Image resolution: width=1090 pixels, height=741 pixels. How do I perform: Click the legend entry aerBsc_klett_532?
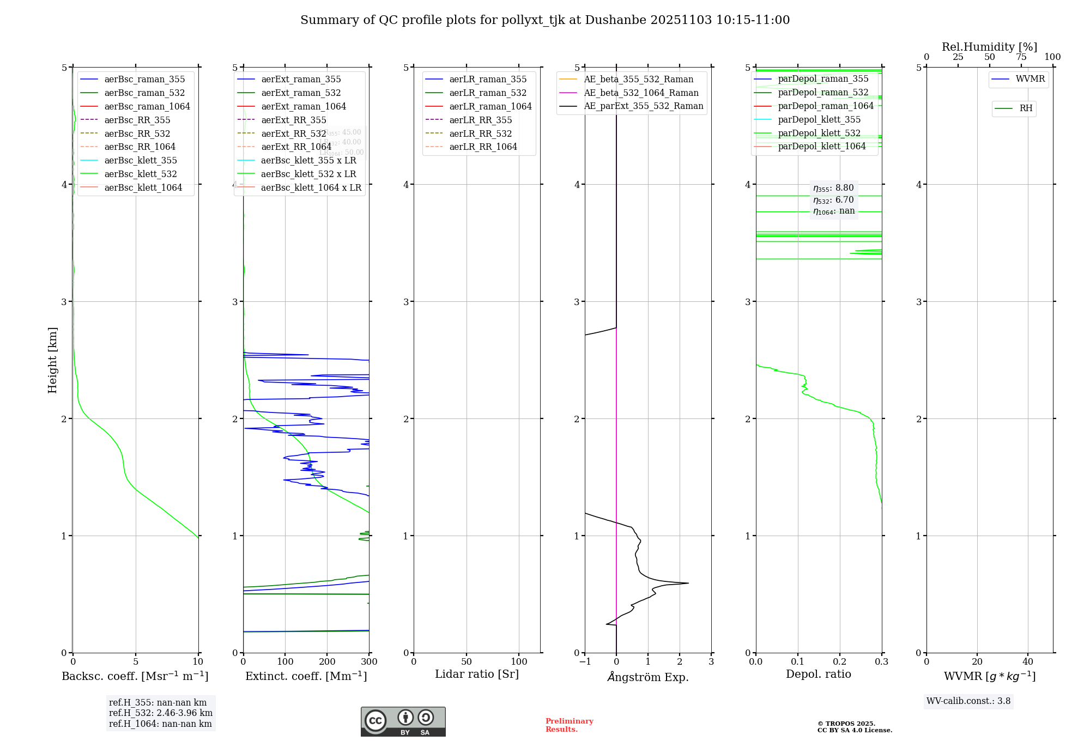click(x=141, y=174)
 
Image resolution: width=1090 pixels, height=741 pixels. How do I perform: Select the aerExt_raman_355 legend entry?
click(x=301, y=80)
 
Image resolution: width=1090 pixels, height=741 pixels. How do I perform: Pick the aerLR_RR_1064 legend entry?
click(x=483, y=147)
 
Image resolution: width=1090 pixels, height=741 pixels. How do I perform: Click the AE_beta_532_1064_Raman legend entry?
click(x=641, y=93)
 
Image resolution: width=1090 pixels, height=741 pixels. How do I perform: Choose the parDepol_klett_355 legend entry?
click(x=819, y=120)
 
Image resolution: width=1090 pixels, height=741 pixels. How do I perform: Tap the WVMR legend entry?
click(x=1030, y=80)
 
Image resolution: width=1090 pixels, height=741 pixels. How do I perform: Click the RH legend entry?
click(x=1026, y=109)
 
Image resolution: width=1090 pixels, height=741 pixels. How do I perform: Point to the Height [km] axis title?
click(x=52, y=360)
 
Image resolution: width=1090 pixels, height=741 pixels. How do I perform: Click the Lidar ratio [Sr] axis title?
click(x=477, y=675)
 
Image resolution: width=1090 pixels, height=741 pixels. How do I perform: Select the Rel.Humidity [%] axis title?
click(x=989, y=47)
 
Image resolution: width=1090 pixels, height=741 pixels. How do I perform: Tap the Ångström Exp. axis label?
click(x=648, y=677)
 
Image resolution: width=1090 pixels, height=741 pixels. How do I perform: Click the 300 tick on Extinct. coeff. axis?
click(x=370, y=662)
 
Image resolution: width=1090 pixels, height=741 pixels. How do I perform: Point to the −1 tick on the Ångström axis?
click(x=585, y=662)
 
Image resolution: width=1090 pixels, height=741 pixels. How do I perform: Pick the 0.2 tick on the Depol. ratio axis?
click(x=840, y=662)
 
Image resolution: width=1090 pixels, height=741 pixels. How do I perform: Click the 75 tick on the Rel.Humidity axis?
click(x=1021, y=57)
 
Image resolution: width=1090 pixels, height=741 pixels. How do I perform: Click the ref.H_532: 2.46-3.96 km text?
click(x=161, y=713)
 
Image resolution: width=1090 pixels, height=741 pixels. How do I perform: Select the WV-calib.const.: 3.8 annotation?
click(x=968, y=701)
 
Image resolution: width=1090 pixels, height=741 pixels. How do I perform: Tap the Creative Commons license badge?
click(x=403, y=721)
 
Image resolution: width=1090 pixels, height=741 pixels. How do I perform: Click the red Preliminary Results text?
click(x=569, y=725)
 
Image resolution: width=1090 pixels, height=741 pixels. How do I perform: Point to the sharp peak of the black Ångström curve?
click(x=688, y=584)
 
